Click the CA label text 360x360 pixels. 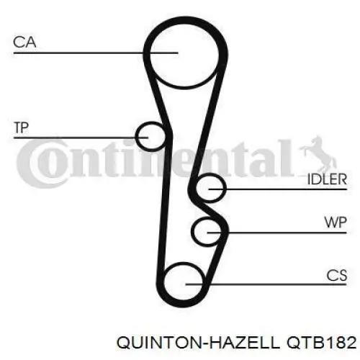pos(24,42)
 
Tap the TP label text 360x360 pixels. pos(22,127)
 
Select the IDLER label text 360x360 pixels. pos(327,179)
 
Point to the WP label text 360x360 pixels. pos(336,222)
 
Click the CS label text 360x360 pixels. pos(337,275)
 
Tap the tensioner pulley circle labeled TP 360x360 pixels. pos(136,136)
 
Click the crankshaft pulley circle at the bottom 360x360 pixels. pos(163,283)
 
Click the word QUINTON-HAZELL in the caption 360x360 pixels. pos(198,343)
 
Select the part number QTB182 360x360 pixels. pos(322,343)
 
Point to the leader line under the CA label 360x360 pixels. pos(96,53)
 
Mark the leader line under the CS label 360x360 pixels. pos(266,284)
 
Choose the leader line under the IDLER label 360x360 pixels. pos(278,189)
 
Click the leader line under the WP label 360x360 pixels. pos(276,233)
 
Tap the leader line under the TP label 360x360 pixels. pos(81,138)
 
